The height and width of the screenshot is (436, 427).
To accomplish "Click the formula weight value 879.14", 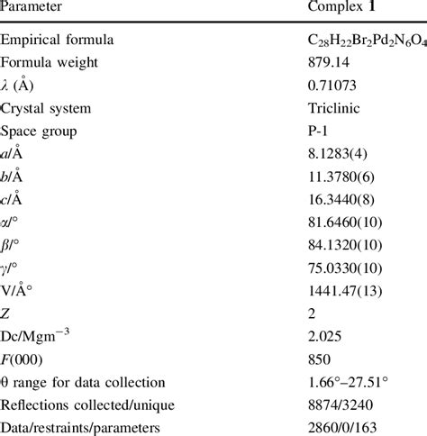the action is click(331, 64).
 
